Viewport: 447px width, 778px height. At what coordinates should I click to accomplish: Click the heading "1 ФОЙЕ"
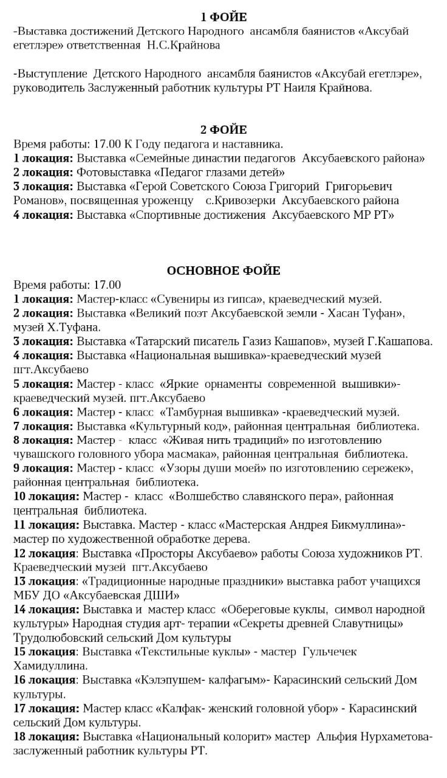point(223,17)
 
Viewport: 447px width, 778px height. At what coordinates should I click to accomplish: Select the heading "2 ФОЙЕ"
point(223,129)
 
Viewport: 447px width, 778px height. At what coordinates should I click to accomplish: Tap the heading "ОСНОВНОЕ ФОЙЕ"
point(223,270)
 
